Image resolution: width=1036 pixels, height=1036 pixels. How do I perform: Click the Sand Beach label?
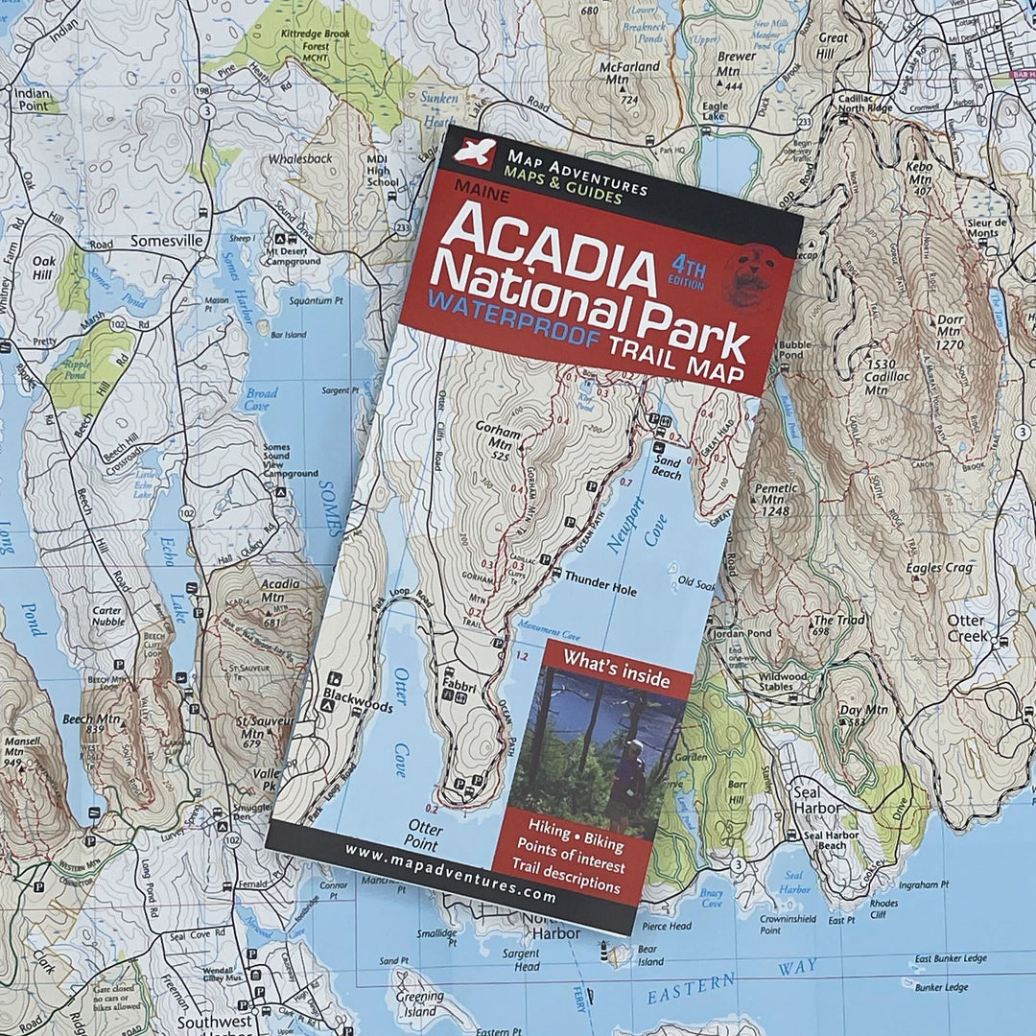(x=667, y=468)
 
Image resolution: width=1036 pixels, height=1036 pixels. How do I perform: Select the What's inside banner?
(x=616, y=658)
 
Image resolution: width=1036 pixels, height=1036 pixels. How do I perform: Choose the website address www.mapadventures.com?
(x=450, y=872)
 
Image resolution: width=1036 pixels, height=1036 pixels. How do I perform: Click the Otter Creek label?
(x=966, y=627)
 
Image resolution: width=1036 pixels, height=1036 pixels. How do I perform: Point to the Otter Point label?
(x=423, y=835)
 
